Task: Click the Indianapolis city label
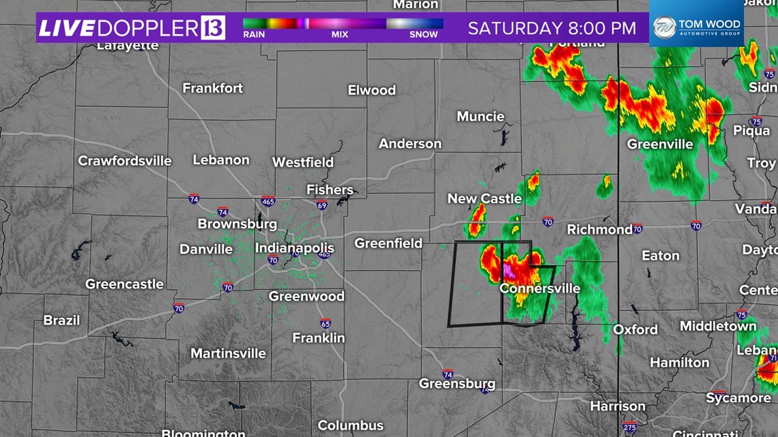pyautogui.click(x=295, y=248)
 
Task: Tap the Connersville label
pyautogui.click(x=540, y=288)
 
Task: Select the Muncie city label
pyautogui.click(x=480, y=117)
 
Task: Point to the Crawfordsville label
pyautogui.click(x=125, y=161)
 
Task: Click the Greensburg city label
pyautogui.click(x=457, y=384)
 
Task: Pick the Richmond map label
pyautogui.click(x=600, y=230)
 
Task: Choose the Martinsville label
pyautogui.click(x=228, y=353)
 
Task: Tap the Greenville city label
pyautogui.click(x=660, y=144)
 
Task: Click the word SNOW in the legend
pyautogui.click(x=424, y=35)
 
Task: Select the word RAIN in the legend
pyautogui.click(x=254, y=35)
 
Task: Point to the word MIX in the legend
pyautogui.click(x=340, y=35)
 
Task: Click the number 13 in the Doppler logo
pyautogui.click(x=213, y=28)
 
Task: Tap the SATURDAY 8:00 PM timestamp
pyautogui.click(x=551, y=28)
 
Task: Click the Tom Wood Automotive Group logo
pyautogui.click(x=696, y=28)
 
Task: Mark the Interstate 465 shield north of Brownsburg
pyautogui.click(x=268, y=202)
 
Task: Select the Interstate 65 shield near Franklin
pyautogui.click(x=326, y=324)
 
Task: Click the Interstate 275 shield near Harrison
pyautogui.click(x=629, y=427)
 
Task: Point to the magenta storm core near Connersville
pyautogui.click(x=509, y=271)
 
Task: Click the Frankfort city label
pyautogui.click(x=212, y=88)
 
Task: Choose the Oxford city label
pyautogui.click(x=635, y=329)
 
